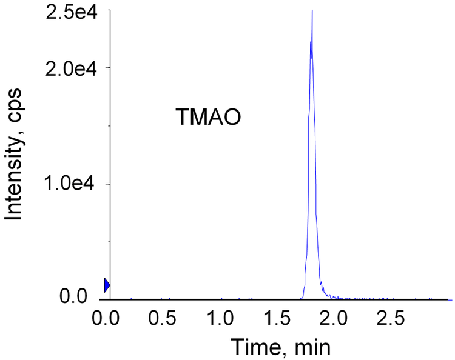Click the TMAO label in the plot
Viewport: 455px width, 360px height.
[209, 116]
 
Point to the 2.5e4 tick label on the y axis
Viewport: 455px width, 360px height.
[70, 12]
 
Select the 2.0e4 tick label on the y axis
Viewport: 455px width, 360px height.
[70, 67]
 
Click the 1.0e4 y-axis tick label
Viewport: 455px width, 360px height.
[70, 184]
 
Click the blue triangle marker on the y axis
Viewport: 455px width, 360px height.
[107, 285]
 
